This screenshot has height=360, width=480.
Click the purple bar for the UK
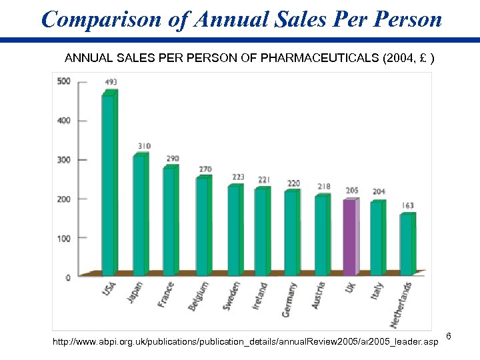(x=349, y=237)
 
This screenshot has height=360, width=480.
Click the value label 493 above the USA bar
(x=111, y=83)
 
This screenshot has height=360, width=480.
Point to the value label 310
(x=144, y=146)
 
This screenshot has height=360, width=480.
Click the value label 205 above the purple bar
(x=352, y=190)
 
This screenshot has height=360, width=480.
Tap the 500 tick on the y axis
(x=64, y=81)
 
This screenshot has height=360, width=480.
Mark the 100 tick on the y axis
(x=64, y=238)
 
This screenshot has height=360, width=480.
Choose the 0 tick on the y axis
(x=67, y=277)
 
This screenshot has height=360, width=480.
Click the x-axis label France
(x=166, y=294)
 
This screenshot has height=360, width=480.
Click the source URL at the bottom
(x=245, y=342)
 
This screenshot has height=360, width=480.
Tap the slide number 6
(x=449, y=335)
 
